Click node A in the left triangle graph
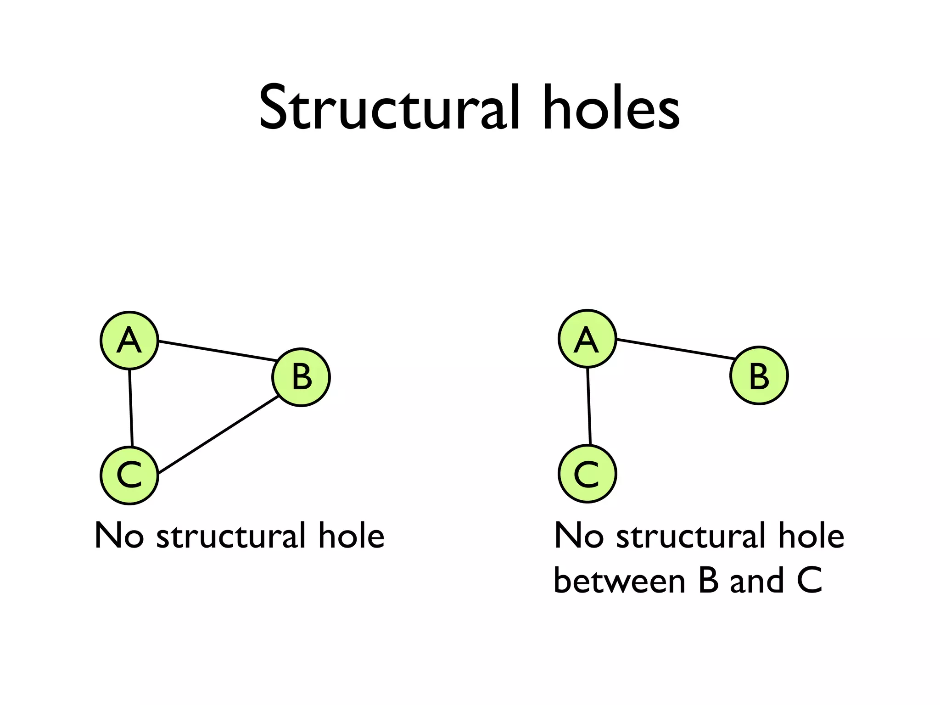pyautogui.click(x=129, y=341)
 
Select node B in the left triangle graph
pyautogui.click(x=301, y=377)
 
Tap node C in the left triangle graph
pyautogui.click(x=129, y=476)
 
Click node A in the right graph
pyautogui.click(x=587, y=339)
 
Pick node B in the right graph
pyautogui.click(x=759, y=375)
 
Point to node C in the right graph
pyautogui.click(x=587, y=474)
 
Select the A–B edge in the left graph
pyautogui.click(x=217, y=351)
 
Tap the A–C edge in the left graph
pyautogui.click(x=131, y=408)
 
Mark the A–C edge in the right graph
pyautogui.click(x=589, y=406)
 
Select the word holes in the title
pyautogui.click(x=610, y=109)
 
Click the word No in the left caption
pyautogui.click(x=118, y=535)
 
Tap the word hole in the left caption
pyautogui.click(x=351, y=535)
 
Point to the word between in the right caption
pyautogui.click(x=620, y=580)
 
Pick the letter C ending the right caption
pyautogui.click(x=809, y=580)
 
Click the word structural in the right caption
pyautogui.click(x=690, y=535)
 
